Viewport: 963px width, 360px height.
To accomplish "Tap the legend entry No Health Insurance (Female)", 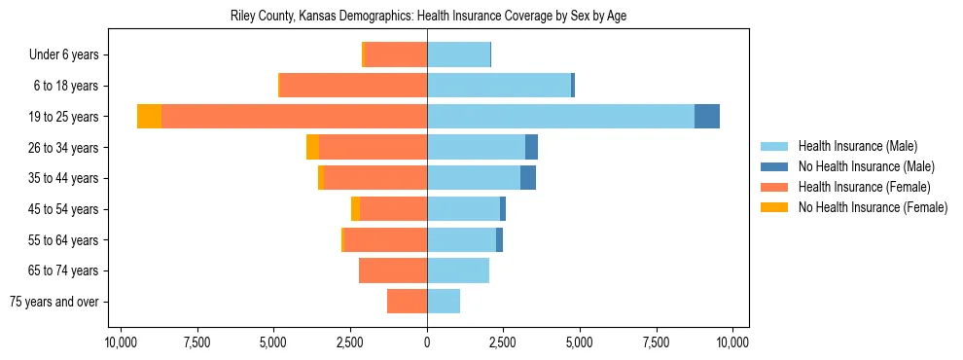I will point(873,207).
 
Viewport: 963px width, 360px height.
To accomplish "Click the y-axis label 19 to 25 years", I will point(64,117).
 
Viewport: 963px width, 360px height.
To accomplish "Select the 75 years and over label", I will point(54,302).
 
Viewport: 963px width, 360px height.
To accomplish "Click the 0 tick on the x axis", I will point(427,342).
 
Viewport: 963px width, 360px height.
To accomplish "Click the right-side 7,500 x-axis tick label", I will point(656,342).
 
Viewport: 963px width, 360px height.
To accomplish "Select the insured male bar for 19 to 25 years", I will point(560,117).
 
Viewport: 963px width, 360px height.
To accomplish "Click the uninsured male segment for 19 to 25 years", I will point(707,117).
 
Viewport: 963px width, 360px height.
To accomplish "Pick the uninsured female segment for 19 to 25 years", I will point(149,117).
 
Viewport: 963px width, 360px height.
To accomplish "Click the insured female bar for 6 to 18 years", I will point(353,86).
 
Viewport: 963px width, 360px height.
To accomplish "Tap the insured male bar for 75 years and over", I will point(444,302).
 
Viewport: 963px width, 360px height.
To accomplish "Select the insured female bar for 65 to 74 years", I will point(393,270).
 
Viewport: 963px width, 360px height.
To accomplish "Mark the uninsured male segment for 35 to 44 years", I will point(528,178).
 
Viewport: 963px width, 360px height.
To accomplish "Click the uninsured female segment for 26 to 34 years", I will point(312,147).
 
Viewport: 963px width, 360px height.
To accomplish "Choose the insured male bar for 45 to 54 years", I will point(463,209).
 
